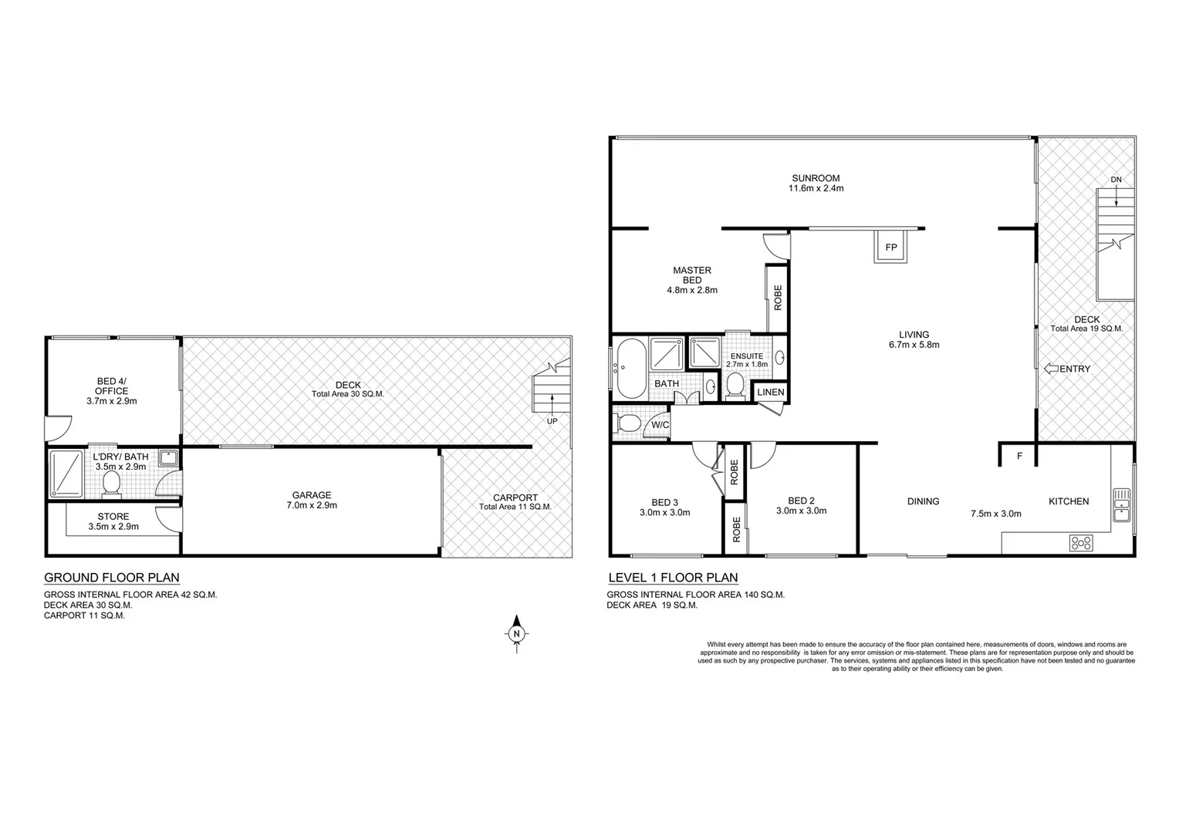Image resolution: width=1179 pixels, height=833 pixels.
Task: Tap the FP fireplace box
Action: click(x=891, y=248)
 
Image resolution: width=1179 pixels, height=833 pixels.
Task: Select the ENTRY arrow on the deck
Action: click(x=1050, y=369)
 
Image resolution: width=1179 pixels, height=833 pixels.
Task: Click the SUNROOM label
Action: click(x=815, y=178)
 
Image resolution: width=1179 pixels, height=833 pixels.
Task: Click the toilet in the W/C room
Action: click(x=628, y=423)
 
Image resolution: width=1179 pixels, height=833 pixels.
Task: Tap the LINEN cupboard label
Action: click(x=770, y=393)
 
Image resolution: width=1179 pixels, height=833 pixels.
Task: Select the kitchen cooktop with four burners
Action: click(x=1081, y=543)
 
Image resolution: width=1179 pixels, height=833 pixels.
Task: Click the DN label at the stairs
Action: click(x=1116, y=180)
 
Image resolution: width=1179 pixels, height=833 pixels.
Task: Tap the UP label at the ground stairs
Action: click(x=552, y=421)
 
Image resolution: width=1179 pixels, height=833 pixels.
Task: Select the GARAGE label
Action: click(x=312, y=495)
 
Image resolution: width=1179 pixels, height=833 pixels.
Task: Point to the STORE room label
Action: click(x=113, y=517)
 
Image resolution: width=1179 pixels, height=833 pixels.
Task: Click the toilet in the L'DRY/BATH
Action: click(x=112, y=484)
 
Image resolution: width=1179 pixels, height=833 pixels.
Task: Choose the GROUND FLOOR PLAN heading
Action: click(x=112, y=578)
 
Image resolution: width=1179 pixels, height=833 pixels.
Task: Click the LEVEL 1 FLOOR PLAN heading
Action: click(x=673, y=578)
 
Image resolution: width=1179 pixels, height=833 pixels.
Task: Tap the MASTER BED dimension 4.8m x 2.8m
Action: click(x=692, y=291)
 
